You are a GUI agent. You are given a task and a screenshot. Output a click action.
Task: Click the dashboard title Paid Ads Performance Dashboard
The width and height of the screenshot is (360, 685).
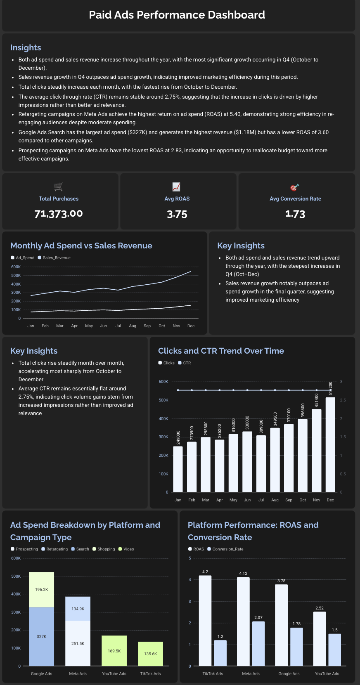click(177, 15)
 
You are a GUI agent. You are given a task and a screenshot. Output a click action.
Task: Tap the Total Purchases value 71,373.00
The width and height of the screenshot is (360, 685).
click(59, 214)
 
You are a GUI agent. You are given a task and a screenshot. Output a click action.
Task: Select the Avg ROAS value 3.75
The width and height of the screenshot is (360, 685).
click(177, 214)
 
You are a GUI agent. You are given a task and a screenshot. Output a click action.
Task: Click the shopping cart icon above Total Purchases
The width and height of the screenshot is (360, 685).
click(58, 187)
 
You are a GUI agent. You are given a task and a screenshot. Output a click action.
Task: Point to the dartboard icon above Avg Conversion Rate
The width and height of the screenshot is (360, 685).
click(295, 187)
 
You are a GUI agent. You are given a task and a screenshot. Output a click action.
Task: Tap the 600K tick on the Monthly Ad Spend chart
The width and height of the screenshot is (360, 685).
click(16, 267)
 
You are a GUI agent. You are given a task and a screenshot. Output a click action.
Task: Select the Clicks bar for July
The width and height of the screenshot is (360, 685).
click(261, 464)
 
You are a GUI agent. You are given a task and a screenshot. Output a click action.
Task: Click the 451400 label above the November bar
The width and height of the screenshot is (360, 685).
click(317, 401)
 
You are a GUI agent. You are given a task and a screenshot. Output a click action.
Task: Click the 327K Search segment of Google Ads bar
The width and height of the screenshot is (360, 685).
click(41, 636)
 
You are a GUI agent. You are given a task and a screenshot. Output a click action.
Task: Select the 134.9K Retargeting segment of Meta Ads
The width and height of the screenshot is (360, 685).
click(78, 609)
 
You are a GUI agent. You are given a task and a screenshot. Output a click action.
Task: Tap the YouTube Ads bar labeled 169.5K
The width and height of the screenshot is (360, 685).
click(114, 650)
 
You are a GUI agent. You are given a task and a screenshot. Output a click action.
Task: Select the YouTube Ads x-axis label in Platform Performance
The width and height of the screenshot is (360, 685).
click(327, 673)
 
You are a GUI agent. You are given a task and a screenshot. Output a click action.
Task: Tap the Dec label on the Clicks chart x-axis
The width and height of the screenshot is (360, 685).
click(330, 500)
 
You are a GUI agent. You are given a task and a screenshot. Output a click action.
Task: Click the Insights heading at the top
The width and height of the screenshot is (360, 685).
click(26, 47)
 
